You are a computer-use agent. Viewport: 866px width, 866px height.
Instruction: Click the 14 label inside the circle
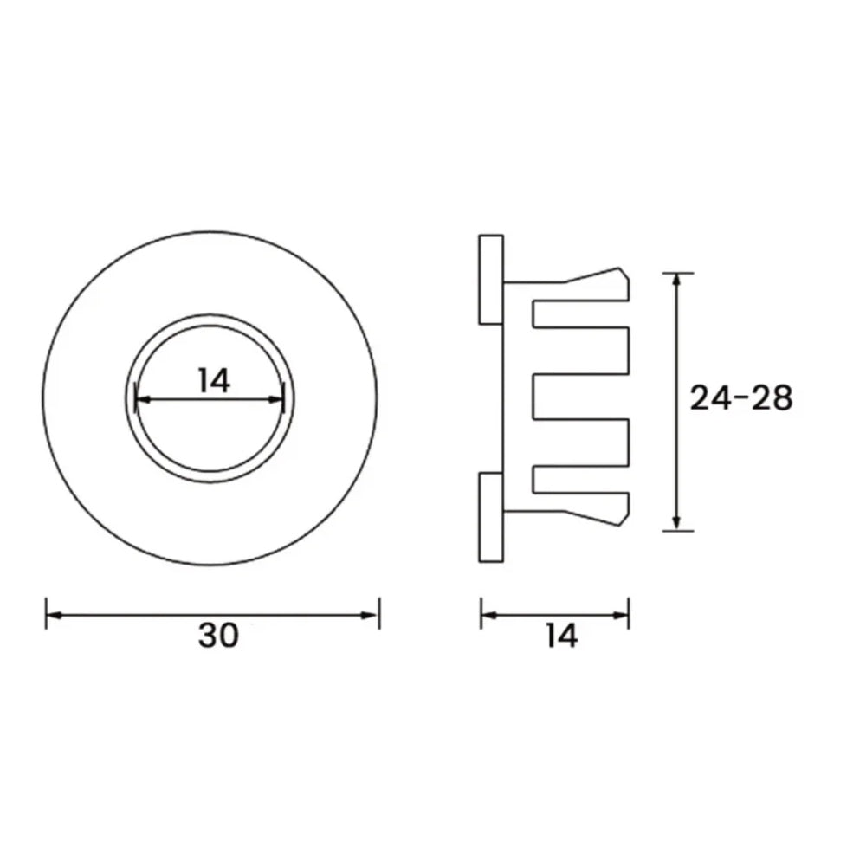(x=213, y=380)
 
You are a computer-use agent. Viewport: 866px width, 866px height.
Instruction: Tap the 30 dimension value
(x=217, y=637)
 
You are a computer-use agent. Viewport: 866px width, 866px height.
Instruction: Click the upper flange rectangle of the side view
(x=491, y=279)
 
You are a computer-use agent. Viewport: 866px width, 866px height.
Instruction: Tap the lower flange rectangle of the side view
(x=491, y=518)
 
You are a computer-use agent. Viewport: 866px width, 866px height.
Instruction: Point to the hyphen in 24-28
(x=740, y=399)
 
